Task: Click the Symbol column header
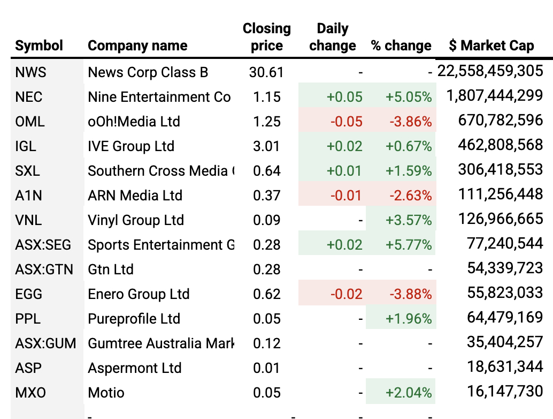pos(39,46)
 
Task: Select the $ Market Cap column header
pos(491,46)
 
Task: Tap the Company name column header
pos(137,46)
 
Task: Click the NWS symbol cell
pos(31,72)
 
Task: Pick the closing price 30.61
pos(266,72)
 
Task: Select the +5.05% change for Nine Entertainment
pos(408,97)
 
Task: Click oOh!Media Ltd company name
pos(134,122)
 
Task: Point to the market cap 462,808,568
pos(500,146)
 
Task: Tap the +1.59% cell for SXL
pos(408,171)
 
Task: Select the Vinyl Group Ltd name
pos(136,220)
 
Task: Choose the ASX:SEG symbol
pos(43,245)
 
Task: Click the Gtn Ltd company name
pos(111,270)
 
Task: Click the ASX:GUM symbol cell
pos(45,343)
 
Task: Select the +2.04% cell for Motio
pos(408,393)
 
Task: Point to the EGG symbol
pos(29,294)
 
